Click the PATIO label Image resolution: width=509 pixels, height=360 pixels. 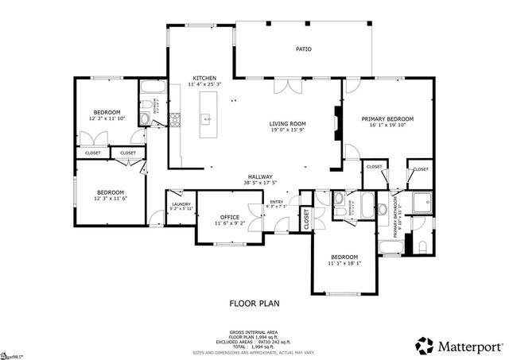[304, 49]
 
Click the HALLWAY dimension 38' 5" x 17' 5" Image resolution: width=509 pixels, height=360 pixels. [259, 184]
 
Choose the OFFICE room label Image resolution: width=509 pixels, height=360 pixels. [230, 217]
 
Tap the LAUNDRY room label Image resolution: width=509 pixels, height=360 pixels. [181, 205]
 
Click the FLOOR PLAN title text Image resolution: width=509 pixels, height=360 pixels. [254, 303]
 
